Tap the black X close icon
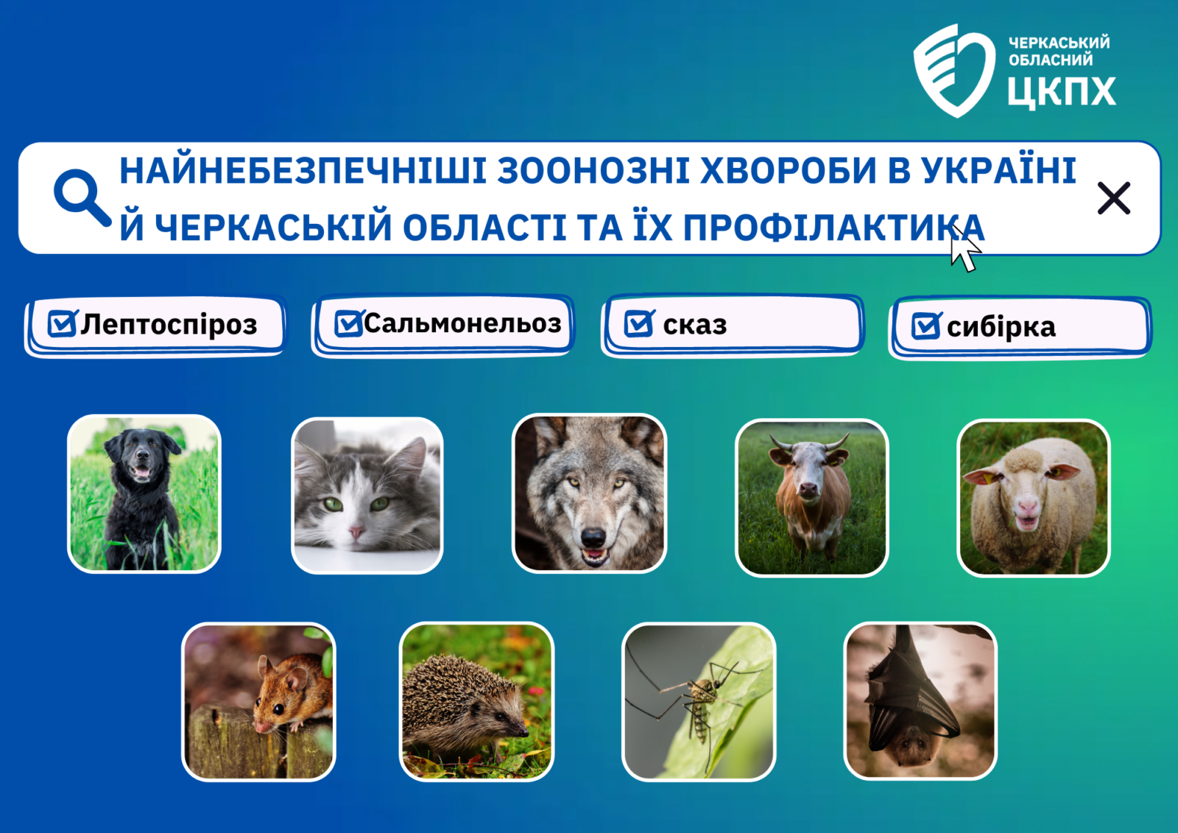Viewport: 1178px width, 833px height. pyautogui.click(x=1114, y=198)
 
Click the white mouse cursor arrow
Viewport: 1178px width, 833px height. pyautogui.click(x=965, y=250)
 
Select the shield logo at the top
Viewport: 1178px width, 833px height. pyautogui.click(x=954, y=70)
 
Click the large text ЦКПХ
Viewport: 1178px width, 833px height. pyautogui.click(x=1062, y=92)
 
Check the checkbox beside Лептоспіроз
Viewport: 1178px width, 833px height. pyautogui.click(x=62, y=323)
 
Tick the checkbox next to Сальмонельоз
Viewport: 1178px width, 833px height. pyautogui.click(x=349, y=323)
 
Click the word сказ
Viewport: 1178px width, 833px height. pyautogui.click(x=695, y=326)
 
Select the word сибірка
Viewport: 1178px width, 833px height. pyautogui.click(x=1001, y=327)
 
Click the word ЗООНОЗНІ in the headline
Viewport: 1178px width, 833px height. pyautogui.click(x=593, y=170)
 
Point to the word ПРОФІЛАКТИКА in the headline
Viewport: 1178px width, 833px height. pyautogui.click(x=833, y=228)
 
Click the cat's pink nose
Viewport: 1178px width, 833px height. pyautogui.click(x=356, y=533)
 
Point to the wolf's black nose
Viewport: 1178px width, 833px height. pyautogui.click(x=593, y=537)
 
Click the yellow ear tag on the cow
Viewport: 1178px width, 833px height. pyautogui.click(x=833, y=463)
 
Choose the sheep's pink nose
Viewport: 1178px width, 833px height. pyautogui.click(x=1027, y=507)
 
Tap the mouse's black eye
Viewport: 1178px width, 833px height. pyautogui.click(x=279, y=709)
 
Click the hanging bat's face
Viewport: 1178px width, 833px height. pyautogui.click(x=914, y=746)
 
